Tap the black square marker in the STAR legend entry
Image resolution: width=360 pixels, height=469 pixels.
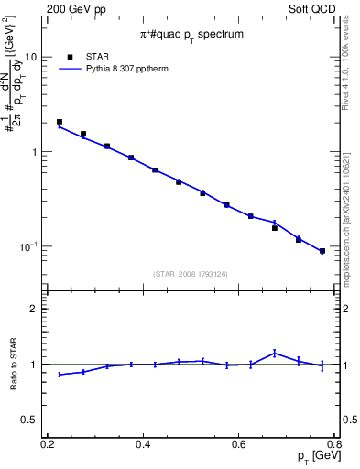(71, 56)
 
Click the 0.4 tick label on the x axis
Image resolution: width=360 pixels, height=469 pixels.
(143, 444)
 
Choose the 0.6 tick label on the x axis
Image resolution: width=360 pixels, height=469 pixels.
(239, 444)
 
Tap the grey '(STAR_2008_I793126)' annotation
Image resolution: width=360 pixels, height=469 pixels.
(191, 274)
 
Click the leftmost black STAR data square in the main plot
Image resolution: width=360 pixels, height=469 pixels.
(60, 121)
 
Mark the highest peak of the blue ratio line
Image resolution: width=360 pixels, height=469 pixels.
(274, 353)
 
